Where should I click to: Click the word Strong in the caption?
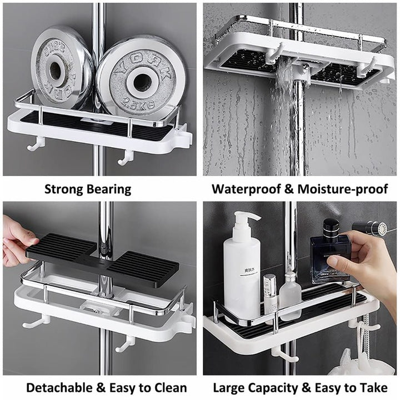tap(63, 189)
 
